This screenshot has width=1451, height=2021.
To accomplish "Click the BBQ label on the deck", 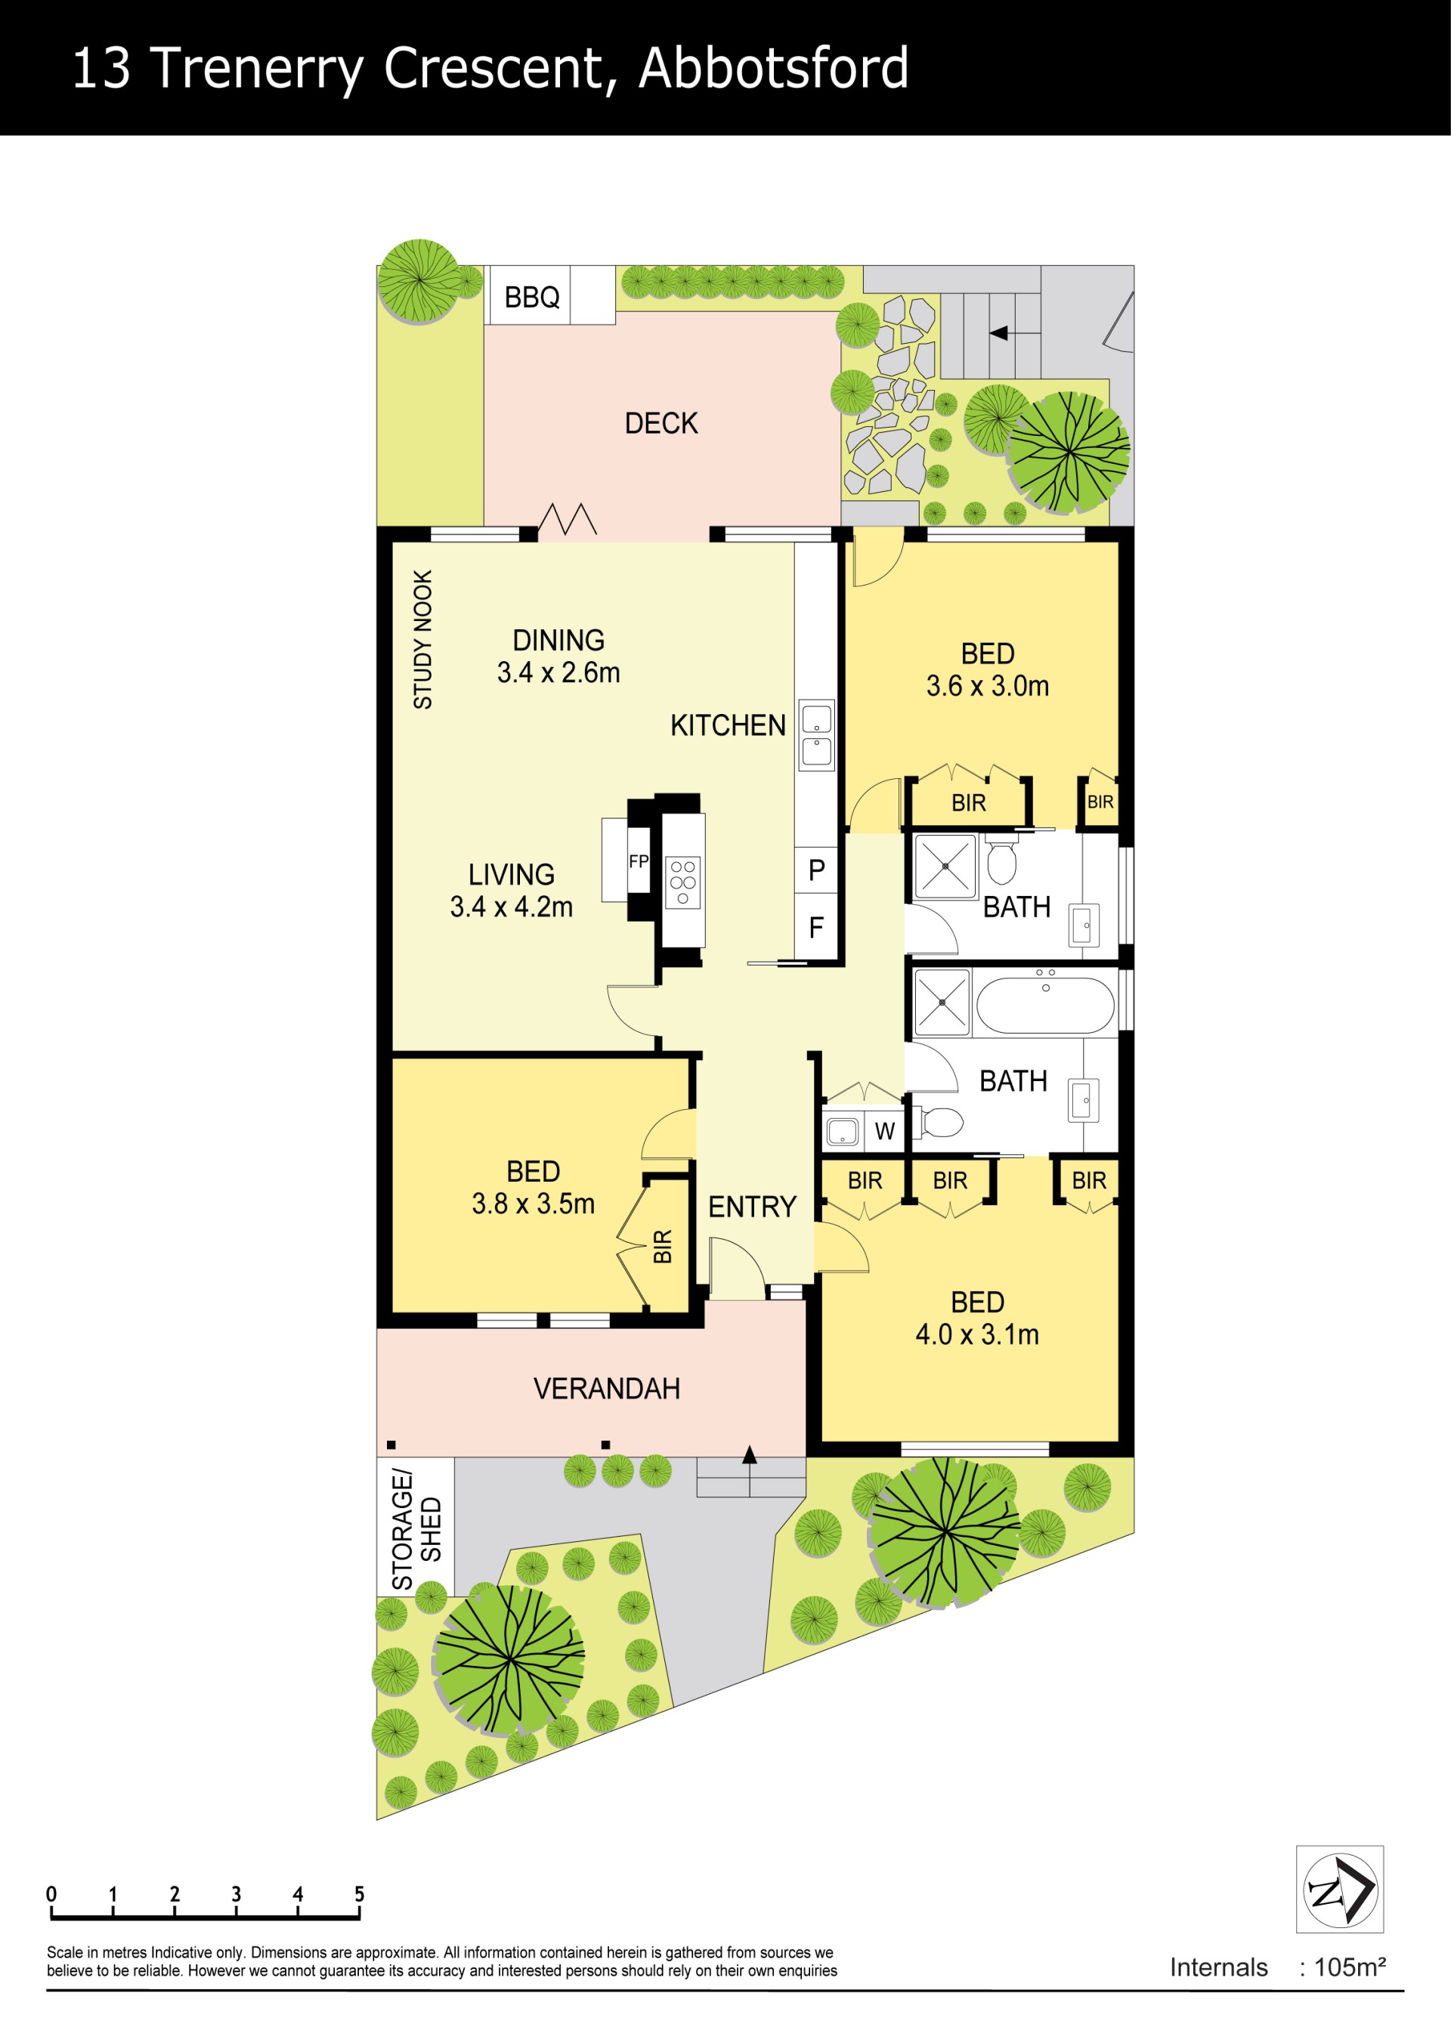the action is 532,297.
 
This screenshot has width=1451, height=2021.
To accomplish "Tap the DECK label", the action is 661,423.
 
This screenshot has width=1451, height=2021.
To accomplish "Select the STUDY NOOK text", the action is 422,640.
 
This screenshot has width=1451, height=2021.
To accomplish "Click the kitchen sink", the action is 816,735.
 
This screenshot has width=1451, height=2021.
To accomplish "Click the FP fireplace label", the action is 638,861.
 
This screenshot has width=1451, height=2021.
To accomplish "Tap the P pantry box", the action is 816,870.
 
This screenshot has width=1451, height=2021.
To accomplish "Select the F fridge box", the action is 816,928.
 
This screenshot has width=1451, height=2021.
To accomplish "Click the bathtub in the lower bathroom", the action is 1045,1004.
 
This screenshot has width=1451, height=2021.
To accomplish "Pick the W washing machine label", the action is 884,1131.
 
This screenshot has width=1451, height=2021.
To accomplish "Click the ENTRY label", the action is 752,1207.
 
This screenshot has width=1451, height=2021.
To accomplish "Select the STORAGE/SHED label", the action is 416,1530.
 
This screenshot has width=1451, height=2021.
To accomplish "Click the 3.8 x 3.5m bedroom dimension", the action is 533,1204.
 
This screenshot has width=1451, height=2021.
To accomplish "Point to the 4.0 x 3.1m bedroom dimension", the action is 978,1334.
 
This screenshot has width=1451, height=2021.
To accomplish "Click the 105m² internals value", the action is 1350,1967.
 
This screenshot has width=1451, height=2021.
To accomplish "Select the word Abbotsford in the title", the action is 774,68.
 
